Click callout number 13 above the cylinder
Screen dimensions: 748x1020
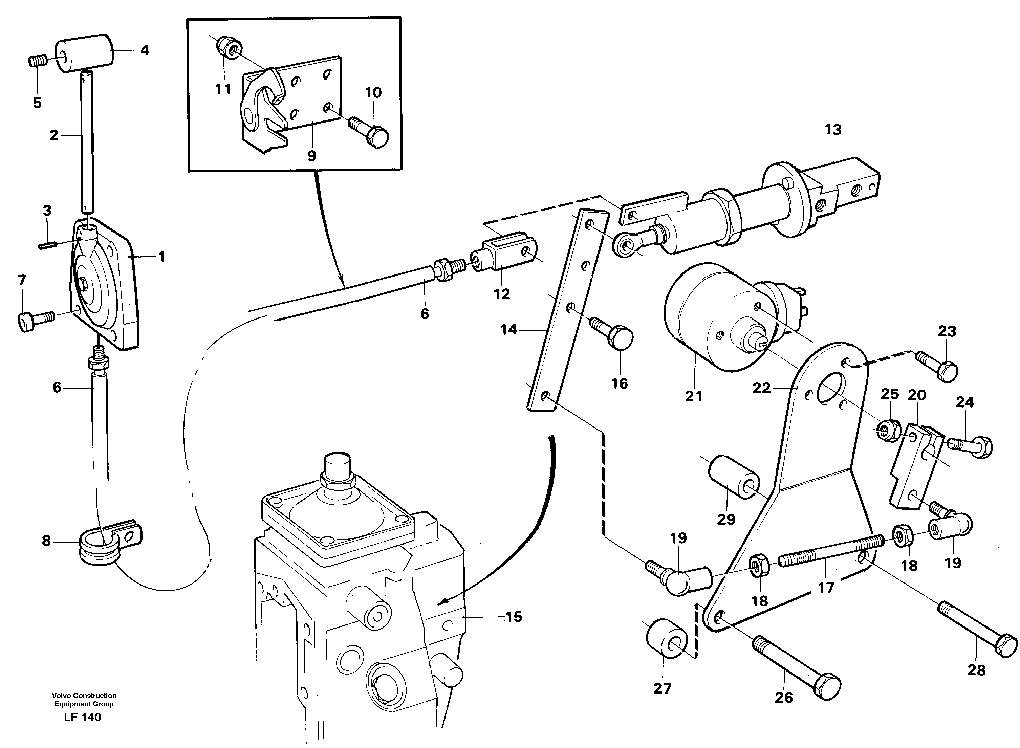[x=832, y=130]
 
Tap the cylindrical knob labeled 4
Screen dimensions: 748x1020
[x=84, y=53]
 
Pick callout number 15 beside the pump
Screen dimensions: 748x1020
[x=513, y=617]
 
